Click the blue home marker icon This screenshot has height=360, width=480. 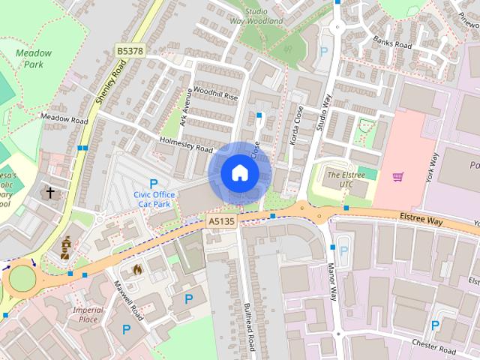coord(239,173)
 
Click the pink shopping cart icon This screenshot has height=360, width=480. coord(398,177)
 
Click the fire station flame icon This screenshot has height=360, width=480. coord(137,268)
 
